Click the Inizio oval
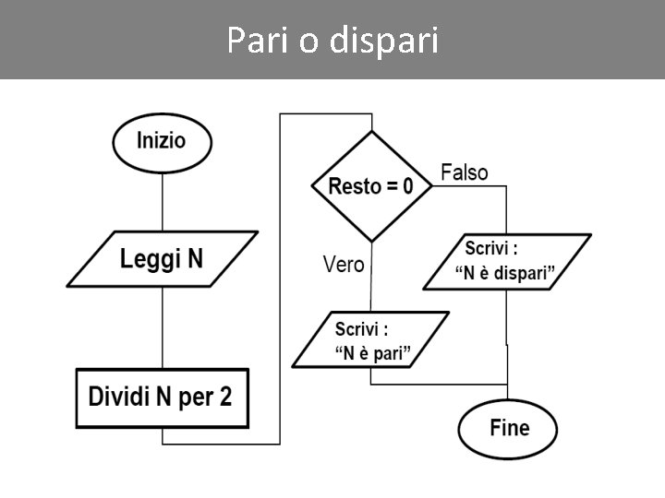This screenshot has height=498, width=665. point(162,142)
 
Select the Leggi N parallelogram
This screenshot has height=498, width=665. point(162,258)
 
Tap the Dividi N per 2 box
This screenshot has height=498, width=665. point(162,398)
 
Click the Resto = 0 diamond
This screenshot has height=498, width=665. point(371,186)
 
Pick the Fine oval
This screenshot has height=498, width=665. point(508,428)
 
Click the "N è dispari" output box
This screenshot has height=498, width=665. point(506,262)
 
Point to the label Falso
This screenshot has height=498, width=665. point(465,172)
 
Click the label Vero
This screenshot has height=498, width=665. point(344,265)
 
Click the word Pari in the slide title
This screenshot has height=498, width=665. point(258,41)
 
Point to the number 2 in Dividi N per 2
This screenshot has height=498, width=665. point(225,398)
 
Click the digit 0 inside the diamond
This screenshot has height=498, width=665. point(406,186)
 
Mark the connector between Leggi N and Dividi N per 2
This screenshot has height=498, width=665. point(163,327)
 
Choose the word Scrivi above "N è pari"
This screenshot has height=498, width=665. point(360,329)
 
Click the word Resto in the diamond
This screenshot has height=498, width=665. point(355,186)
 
